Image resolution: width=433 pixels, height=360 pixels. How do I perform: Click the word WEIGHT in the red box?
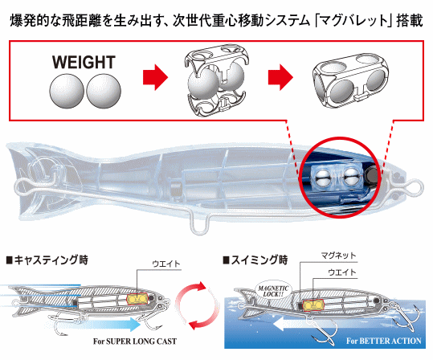pos(84,63)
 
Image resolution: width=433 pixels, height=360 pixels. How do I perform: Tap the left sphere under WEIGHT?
pos(67,91)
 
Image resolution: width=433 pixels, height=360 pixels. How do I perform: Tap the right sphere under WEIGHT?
pos(104,91)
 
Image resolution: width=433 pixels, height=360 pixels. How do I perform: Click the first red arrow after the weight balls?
pos(155,77)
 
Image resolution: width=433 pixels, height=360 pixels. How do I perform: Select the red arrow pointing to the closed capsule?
pos(280,77)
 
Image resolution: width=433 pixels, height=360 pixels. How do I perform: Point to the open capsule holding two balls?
pos(217,80)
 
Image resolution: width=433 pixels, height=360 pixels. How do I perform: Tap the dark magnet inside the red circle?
pos(372,175)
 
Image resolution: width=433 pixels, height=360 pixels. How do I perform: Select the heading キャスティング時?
pos(47,260)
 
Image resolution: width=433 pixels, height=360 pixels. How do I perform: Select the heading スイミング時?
pos(255,260)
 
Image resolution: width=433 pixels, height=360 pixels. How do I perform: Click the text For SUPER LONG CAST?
pos(135,342)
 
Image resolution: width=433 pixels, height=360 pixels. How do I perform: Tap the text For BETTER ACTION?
pos(384,341)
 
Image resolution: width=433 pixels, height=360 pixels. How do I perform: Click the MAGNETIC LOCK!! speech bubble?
pos(273,291)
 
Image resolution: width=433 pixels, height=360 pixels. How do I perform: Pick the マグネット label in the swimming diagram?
pos(338,256)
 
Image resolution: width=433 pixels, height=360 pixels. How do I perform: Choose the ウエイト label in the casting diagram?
pos(166,264)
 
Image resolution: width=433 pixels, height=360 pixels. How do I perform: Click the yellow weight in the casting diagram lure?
pos(137,299)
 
